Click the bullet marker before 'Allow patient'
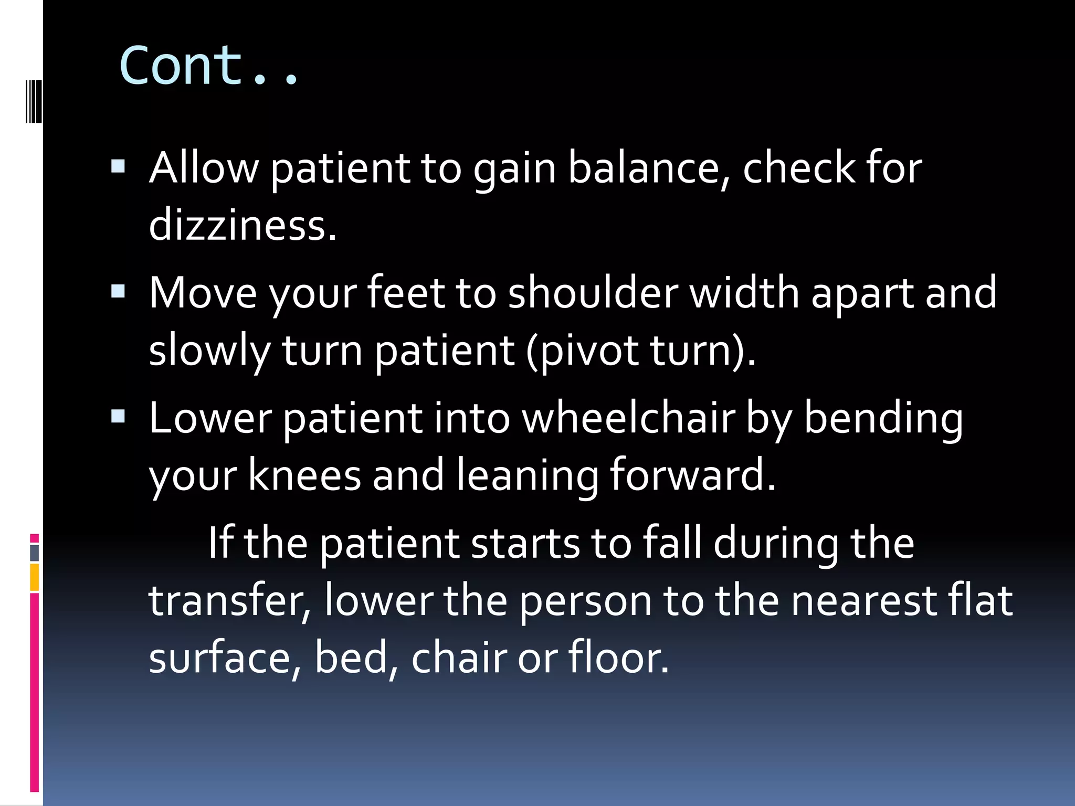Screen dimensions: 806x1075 (119, 167)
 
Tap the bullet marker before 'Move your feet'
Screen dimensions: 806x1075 (119, 291)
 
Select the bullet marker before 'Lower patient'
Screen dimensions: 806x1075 (119, 417)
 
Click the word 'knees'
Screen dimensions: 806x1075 (304, 475)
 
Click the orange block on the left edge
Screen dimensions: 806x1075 (35, 577)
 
